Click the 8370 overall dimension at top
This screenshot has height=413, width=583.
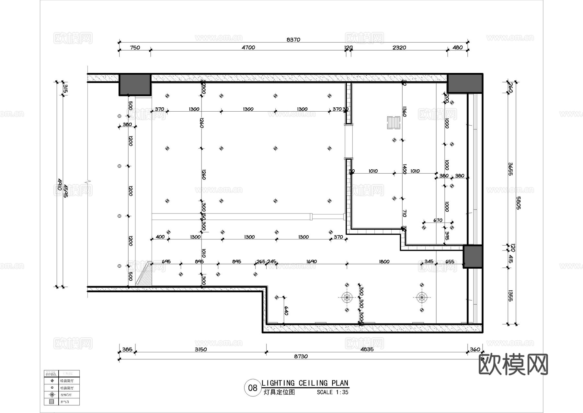[x=293, y=40]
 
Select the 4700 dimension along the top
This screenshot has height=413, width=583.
[x=248, y=47]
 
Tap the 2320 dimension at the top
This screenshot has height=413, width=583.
[x=399, y=47]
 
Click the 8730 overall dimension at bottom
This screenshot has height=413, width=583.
[x=301, y=356]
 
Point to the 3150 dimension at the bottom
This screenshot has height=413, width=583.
[x=200, y=349]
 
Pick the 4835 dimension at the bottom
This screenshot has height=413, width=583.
[x=367, y=349]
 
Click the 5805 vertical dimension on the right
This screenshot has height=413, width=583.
[x=518, y=203]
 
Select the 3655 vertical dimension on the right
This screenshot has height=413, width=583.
[x=510, y=169]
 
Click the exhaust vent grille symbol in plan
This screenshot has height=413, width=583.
[x=394, y=123]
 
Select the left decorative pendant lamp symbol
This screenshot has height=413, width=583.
[x=347, y=297]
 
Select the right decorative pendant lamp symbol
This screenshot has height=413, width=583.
[x=421, y=297]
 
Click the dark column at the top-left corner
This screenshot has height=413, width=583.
[x=135, y=85]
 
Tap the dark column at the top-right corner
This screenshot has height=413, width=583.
[x=465, y=83]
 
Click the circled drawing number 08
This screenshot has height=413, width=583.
[x=252, y=388]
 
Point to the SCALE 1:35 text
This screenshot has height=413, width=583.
[x=332, y=392]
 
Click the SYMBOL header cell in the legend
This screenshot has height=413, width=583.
[x=51, y=374]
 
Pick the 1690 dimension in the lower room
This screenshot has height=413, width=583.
[x=311, y=261]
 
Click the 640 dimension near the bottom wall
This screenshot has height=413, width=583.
[x=286, y=311]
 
